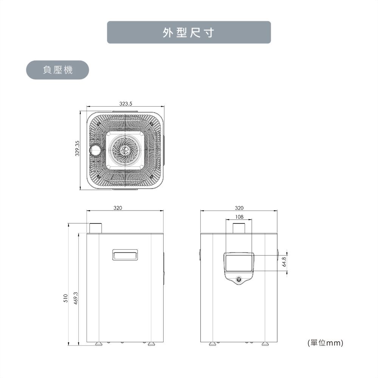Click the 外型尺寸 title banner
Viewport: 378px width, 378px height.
[189, 32]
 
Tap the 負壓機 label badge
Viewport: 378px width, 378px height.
[57, 70]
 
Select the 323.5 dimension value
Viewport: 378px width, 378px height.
[125, 104]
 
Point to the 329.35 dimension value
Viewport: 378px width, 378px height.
[77, 148]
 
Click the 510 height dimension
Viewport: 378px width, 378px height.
[65, 298]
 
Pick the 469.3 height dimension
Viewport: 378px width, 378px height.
[76, 298]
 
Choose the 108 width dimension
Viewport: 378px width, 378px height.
[239, 217]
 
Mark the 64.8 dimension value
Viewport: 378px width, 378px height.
[285, 262]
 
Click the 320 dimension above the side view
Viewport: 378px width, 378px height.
[118, 208]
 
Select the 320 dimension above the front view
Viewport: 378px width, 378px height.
[239, 208]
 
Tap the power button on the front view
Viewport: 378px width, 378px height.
[239, 279]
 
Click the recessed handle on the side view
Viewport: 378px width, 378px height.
[125, 255]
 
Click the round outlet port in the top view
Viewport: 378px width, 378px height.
[96, 150]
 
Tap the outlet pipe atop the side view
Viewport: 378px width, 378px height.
[96, 228]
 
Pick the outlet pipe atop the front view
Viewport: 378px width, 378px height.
[239, 228]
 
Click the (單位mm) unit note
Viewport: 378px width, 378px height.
[325, 342]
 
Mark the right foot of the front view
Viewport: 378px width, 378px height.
[265, 344]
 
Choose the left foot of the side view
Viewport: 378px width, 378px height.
[99, 344]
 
